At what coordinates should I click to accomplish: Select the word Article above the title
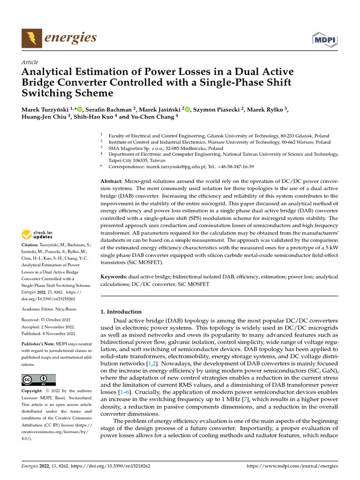pos(30,62)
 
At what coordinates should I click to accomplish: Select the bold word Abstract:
pos(112,181)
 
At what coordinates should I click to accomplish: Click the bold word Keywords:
pos(114,277)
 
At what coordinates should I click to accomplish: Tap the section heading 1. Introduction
pos(121,312)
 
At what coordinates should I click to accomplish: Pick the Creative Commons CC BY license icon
pos(38,380)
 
